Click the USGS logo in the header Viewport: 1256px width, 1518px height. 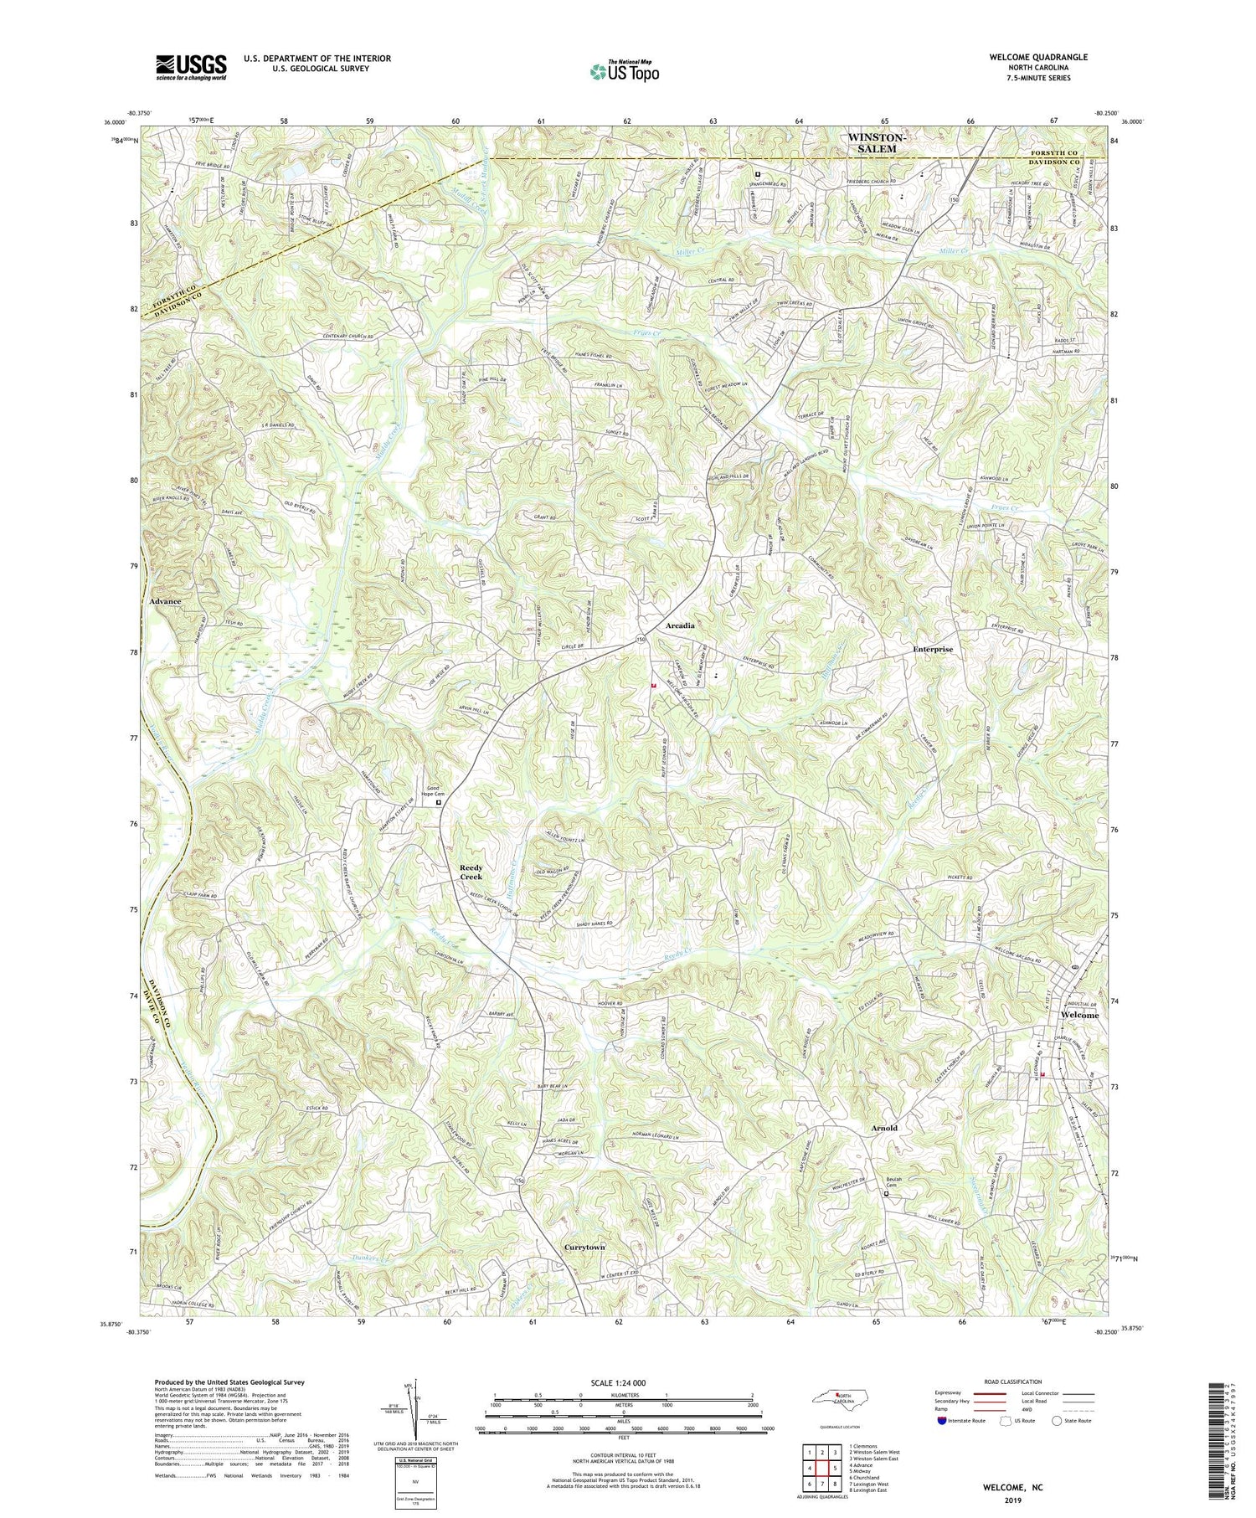(191, 68)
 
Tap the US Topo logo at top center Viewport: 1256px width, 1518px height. (624, 71)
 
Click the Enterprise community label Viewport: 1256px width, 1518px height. (933, 649)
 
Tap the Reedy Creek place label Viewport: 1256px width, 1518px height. (471, 872)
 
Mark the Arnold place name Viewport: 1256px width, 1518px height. (883, 1128)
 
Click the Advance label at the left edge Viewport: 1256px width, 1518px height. (165, 601)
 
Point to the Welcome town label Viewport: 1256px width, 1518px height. (1079, 1015)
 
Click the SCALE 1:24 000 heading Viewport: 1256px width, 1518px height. (623, 1382)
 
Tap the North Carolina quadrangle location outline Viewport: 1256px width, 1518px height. (838, 1397)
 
